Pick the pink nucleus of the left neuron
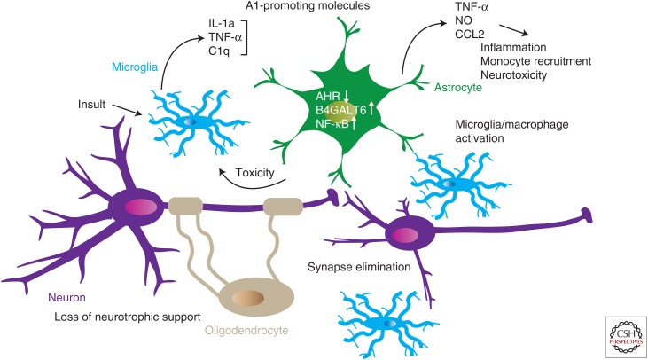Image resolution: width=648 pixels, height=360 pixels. [140, 207]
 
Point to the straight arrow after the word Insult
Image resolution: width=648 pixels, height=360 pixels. [125, 111]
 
